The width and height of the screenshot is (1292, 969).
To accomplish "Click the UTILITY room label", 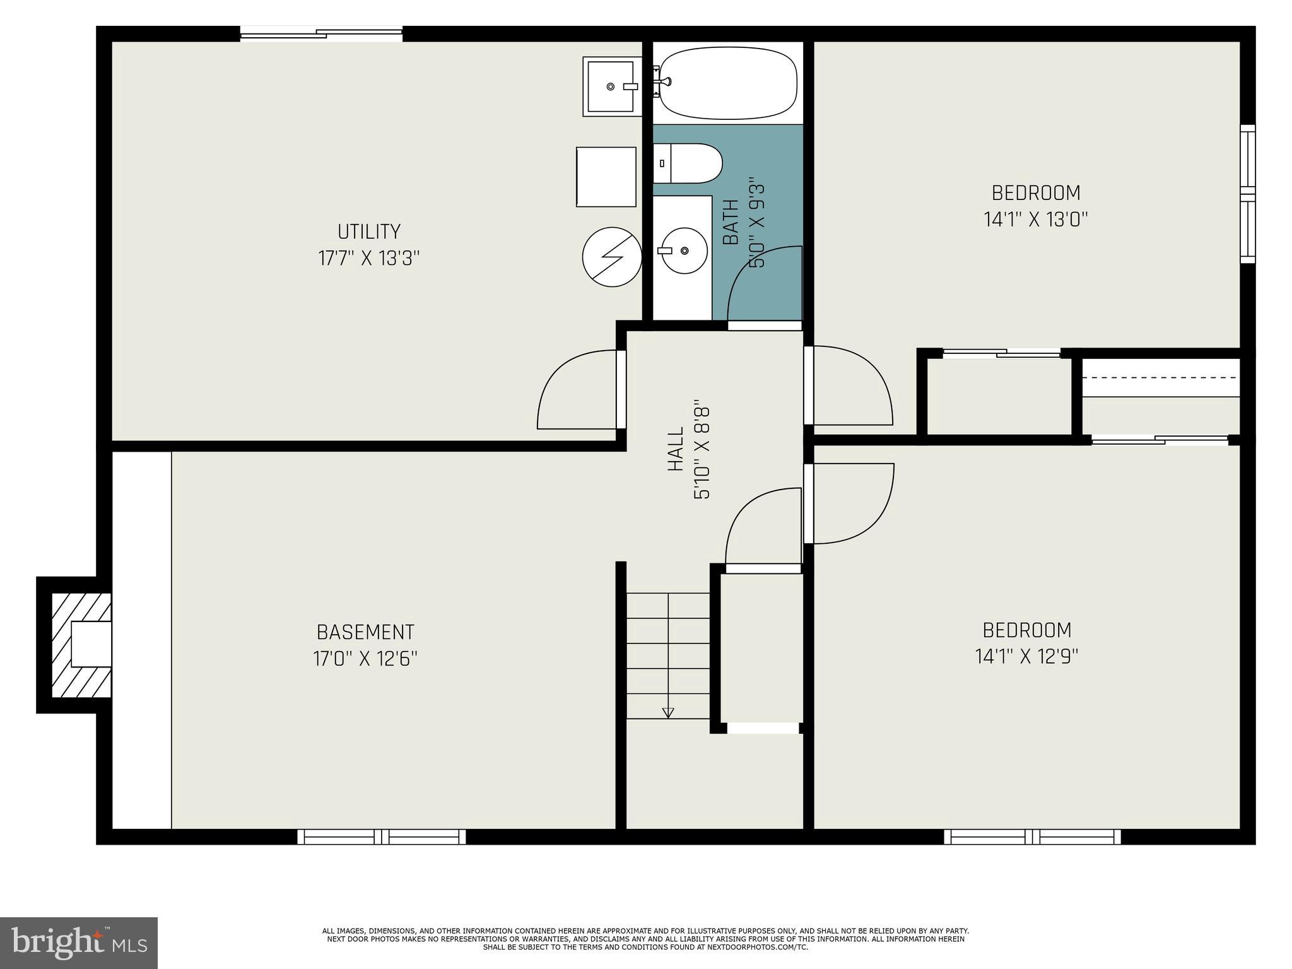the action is click(369, 232).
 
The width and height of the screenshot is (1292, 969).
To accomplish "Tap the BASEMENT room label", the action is click(365, 632).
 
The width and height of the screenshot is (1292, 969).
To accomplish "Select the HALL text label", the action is click(676, 449).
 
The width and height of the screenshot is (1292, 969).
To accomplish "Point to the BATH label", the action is click(731, 222).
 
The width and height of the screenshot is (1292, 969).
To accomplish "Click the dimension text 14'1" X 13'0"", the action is click(1036, 220).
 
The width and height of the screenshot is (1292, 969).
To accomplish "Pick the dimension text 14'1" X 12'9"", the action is click(1027, 657).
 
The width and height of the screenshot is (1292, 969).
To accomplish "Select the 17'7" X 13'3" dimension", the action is click(369, 259).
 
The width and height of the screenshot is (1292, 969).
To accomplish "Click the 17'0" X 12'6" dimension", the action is click(365, 659).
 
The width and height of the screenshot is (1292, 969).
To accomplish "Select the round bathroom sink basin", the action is click(684, 250).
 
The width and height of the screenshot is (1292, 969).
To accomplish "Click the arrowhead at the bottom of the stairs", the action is click(668, 713).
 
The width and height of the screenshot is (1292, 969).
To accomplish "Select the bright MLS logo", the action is click(79, 943).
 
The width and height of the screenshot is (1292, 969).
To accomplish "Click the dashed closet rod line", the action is click(1161, 377).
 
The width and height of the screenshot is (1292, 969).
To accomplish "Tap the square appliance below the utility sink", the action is click(606, 177).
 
